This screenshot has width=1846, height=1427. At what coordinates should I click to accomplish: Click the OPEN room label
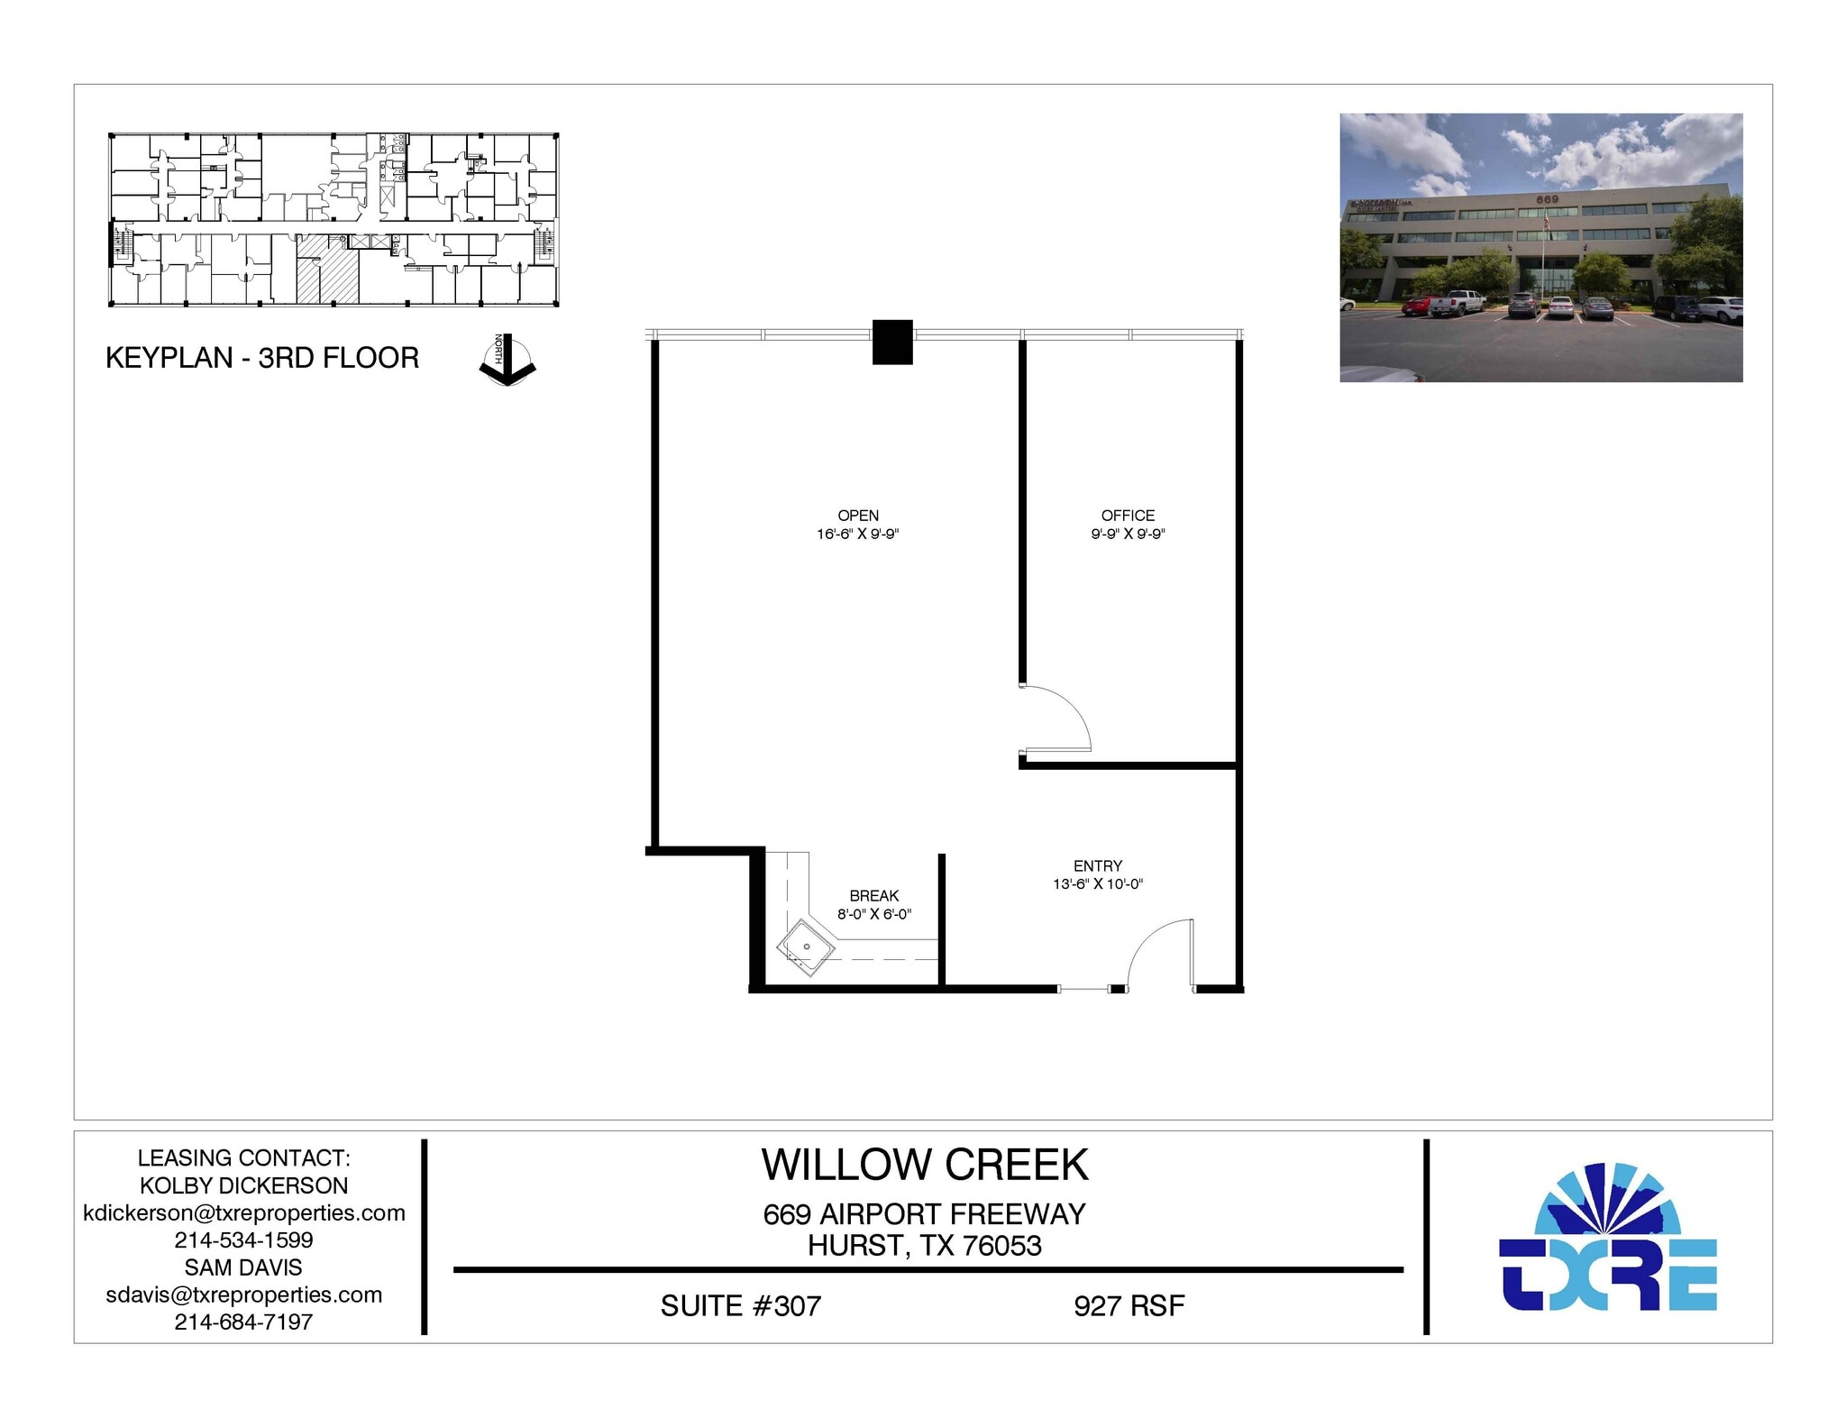(857, 516)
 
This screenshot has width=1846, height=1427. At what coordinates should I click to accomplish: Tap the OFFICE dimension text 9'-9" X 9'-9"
(1128, 534)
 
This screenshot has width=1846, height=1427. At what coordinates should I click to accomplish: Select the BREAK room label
(873, 895)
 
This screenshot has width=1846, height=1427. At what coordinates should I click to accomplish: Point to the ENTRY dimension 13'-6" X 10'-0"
(1097, 883)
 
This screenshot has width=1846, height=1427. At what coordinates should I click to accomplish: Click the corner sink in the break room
(805, 948)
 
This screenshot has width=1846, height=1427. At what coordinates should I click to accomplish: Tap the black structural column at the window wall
(892, 343)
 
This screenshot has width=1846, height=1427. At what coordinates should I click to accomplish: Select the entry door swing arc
(1154, 947)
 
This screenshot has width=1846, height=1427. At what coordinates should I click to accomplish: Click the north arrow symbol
(507, 361)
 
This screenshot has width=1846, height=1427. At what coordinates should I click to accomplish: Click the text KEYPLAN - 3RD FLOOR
(262, 358)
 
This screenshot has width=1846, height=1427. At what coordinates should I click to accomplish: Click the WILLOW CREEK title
(925, 1164)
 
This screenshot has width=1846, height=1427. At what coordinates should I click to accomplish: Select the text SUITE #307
(740, 1305)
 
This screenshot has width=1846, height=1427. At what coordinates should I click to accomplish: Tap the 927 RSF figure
(1129, 1305)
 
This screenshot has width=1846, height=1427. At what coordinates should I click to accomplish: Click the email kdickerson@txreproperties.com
(243, 1212)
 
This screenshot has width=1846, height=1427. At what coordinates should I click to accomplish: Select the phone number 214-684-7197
(243, 1322)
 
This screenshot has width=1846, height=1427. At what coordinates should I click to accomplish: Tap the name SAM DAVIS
(243, 1267)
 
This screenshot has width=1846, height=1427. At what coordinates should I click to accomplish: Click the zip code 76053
(1001, 1246)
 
